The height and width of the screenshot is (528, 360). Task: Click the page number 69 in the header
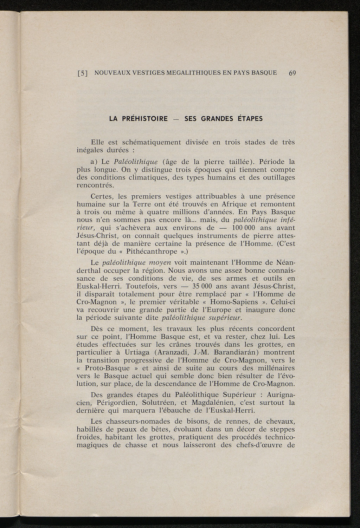tap(292, 73)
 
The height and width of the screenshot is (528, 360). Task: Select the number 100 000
tap(239, 228)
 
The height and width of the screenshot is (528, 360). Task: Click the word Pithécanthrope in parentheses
tap(156, 251)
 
